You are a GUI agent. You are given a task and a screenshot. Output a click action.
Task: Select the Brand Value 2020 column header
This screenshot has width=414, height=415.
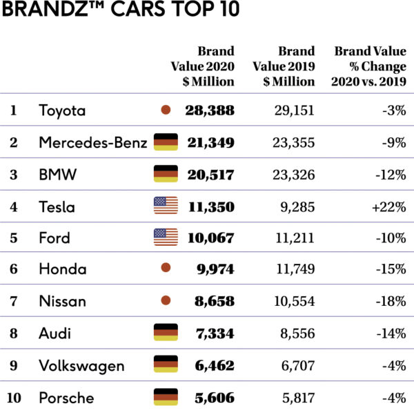click(x=203, y=66)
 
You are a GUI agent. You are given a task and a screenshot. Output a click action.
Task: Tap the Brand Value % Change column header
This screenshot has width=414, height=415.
click(x=370, y=66)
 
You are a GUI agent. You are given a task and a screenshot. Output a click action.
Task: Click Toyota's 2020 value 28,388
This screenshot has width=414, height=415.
click(x=210, y=110)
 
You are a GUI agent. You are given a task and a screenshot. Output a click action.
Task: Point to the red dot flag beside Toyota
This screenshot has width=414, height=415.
click(x=165, y=110)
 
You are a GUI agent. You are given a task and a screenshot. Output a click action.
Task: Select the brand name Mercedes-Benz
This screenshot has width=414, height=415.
click(x=93, y=143)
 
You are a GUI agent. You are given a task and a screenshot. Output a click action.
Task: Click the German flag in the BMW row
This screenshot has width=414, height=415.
click(x=166, y=174)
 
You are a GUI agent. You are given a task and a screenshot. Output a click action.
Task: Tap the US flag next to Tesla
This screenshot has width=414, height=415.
click(x=166, y=206)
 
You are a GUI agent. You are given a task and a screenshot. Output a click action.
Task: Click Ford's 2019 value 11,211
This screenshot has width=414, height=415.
click(x=294, y=238)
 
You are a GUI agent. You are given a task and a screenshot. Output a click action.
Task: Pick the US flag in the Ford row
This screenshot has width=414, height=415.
click(x=166, y=238)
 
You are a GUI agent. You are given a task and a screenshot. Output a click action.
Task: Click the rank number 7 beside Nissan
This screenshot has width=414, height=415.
click(x=14, y=302)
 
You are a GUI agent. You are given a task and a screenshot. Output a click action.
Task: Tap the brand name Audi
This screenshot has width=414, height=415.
click(x=55, y=334)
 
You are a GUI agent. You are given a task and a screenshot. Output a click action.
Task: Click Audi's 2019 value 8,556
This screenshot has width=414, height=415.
click(x=297, y=334)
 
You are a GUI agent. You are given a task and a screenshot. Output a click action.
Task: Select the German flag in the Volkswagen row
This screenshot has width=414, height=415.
click(x=166, y=365)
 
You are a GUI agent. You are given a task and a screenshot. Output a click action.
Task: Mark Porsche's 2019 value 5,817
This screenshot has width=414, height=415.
click(x=297, y=398)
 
